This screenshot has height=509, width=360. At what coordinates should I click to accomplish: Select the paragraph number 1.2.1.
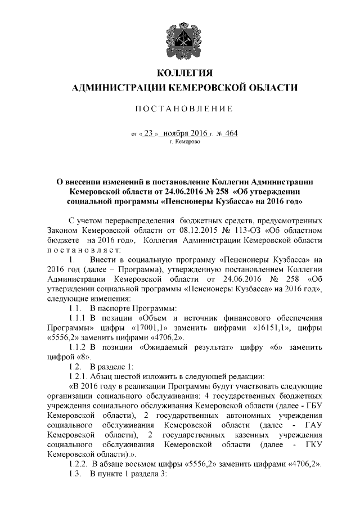point(78,377)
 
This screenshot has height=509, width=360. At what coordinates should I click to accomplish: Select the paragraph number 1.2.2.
point(78,463)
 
